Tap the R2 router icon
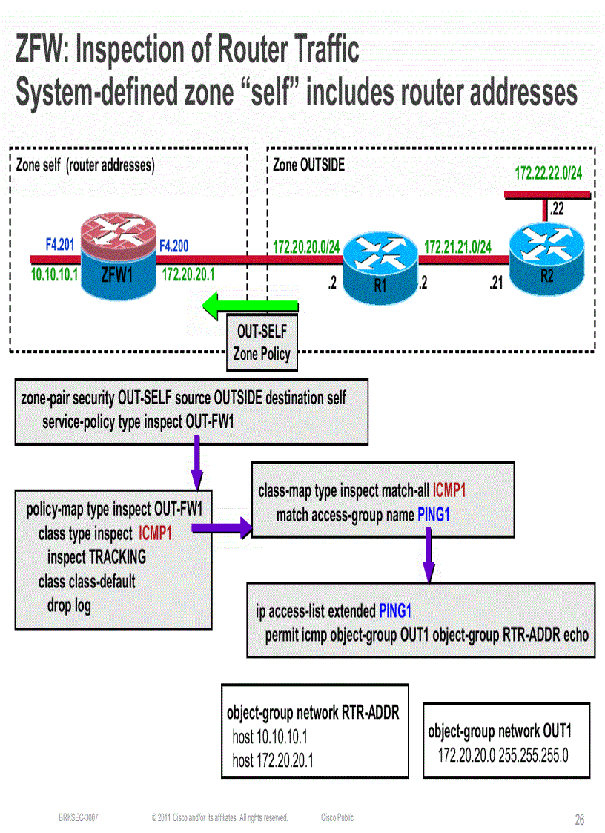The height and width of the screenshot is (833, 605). [546, 253]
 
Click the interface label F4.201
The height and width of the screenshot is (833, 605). [59, 243]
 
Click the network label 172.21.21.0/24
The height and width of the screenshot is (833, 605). [457, 246]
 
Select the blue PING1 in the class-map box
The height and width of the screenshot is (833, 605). [433, 515]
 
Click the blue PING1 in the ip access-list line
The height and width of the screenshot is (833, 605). [394, 611]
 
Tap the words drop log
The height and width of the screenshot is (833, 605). [69, 605]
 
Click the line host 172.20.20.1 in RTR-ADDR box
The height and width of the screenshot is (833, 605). [272, 760]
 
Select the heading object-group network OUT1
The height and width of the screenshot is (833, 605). [499, 731]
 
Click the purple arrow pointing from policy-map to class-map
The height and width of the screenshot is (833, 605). [222, 528]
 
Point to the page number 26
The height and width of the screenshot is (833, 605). [579, 820]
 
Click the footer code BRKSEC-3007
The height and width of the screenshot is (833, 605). [79, 817]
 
